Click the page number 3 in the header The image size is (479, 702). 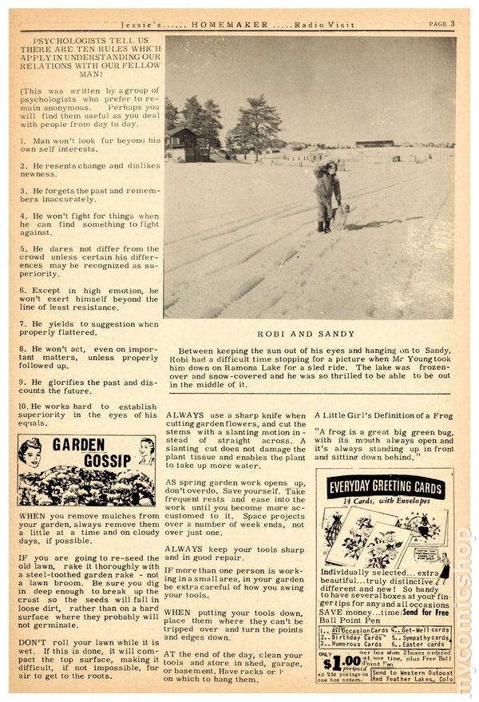[x=452, y=24]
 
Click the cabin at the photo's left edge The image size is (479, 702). [x=182, y=145]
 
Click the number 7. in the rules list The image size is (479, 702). [x=26, y=324]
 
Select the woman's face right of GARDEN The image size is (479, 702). [x=145, y=450]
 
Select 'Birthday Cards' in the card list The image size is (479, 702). [x=351, y=639]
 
